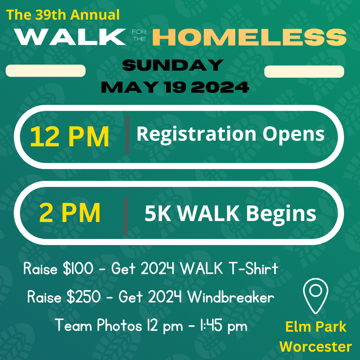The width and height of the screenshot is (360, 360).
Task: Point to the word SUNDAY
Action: [x=173, y=65]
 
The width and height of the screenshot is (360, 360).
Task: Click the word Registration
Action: [x=196, y=134]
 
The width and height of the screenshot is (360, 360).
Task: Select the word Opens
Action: [x=293, y=134]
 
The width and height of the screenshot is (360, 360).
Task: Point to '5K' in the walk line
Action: [x=158, y=213]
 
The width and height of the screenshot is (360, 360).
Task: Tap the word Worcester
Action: [x=316, y=347]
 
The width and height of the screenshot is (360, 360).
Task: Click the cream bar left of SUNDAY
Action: [x=46, y=71]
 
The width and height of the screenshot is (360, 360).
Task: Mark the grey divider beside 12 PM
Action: [x=127, y=135]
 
